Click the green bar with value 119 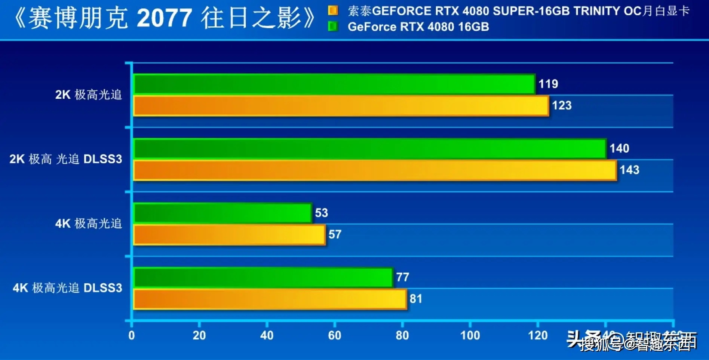point(334,84)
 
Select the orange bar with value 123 point(341,106)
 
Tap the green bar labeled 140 point(369,148)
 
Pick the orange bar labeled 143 point(375,170)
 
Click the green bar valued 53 point(222,213)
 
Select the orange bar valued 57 point(229,235)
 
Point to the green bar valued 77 point(263,277)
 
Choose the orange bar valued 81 point(270,299)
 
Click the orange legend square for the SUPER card point(333,10)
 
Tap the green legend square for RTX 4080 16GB point(333,27)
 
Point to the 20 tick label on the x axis point(199,335)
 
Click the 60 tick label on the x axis point(335,335)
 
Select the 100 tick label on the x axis point(470,335)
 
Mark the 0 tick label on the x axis point(132,335)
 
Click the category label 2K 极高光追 point(89,95)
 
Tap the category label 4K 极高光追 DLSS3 point(67,288)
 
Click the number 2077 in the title point(165,18)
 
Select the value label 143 point(629,170)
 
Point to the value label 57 point(335,234)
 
